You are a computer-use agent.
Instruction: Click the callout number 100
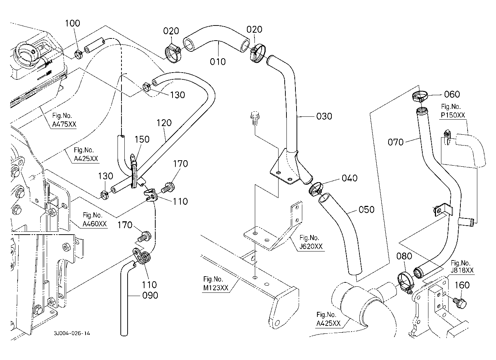[x=73, y=24]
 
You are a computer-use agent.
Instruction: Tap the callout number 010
[x=218, y=62]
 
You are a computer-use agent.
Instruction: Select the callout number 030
[x=324, y=116]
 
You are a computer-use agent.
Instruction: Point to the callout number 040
[x=349, y=178]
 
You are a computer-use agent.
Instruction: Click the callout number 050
[x=367, y=209]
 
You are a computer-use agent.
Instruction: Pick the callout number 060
[x=452, y=94]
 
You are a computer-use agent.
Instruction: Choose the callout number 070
[x=396, y=142]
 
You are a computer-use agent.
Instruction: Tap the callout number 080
[x=404, y=257]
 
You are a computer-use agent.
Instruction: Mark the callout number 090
[x=150, y=295]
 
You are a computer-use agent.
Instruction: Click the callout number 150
[x=142, y=139]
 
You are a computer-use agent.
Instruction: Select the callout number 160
[x=462, y=285]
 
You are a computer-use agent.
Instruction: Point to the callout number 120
[x=164, y=123]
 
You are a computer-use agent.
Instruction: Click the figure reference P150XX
[x=453, y=115]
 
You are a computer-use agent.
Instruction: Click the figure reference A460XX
[x=95, y=224]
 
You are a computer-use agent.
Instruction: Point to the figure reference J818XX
[x=463, y=270]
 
